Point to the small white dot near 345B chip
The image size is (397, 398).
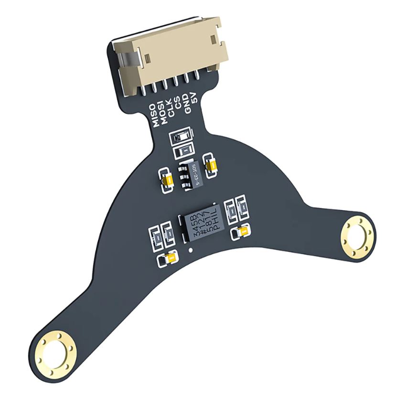(x=191, y=250)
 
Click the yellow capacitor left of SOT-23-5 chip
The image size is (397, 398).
(x=167, y=181)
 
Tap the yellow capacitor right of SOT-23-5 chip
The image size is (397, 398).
(x=210, y=164)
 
